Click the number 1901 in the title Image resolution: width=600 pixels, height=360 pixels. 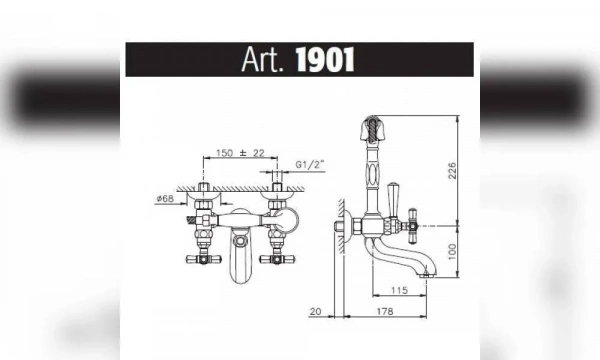click(325, 60)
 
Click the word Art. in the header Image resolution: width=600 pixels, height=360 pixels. click(262, 60)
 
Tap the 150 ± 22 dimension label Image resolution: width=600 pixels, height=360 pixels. click(240, 153)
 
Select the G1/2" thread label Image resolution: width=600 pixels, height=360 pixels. click(310, 165)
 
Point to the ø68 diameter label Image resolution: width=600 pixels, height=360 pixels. click(165, 199)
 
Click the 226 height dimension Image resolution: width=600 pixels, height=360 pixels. click(452, 171)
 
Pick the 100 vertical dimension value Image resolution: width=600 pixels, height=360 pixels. click(452, 252)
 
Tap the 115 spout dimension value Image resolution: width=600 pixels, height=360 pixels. click(399, 290)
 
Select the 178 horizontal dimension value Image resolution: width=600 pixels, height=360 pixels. click(385, 311)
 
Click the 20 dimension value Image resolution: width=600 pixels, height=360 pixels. click(315, 311)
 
